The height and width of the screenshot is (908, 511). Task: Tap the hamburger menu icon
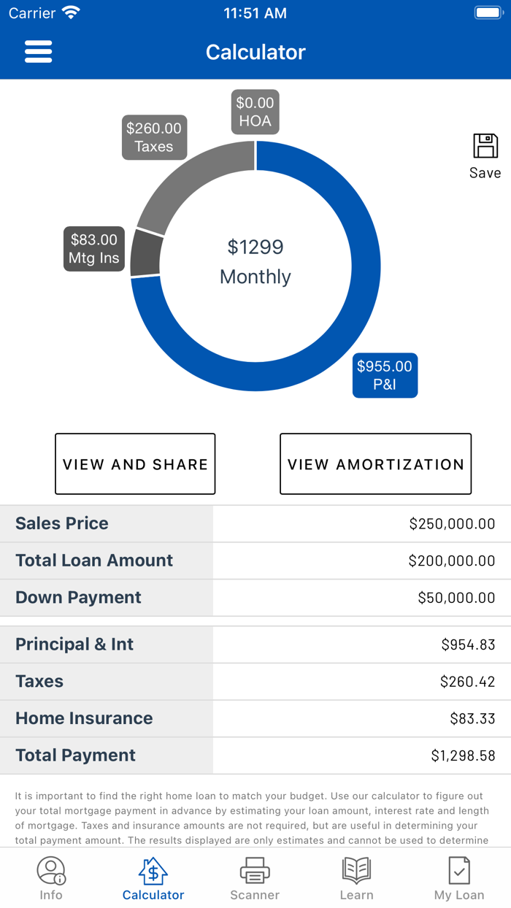coord(38,52)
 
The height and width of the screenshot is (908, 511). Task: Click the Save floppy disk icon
coord(485,147)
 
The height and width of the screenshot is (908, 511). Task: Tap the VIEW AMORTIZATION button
coord(375,464)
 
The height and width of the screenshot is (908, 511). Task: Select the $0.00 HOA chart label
coord(255,112)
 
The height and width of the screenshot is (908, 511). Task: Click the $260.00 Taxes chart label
coord(154,137)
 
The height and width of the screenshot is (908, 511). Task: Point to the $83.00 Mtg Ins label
coord(93,249)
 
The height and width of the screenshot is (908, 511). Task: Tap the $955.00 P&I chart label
coord(385,375)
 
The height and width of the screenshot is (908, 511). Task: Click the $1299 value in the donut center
coord(255,247)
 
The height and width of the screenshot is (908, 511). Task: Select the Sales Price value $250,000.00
coord(452,523)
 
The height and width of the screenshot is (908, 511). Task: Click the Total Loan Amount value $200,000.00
coord(452,561)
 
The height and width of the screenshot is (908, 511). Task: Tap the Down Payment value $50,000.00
coord(456,598)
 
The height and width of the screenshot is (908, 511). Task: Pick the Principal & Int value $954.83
coord(468,645)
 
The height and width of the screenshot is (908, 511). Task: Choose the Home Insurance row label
coord(84,718)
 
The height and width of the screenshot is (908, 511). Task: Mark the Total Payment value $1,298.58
coord(463,755)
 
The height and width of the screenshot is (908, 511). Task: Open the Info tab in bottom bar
coord(51,878)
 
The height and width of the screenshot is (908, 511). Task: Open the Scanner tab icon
coord(255,872)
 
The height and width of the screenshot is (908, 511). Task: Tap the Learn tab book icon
coord(356,872)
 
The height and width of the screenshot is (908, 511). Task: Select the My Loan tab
coord(459,878)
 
